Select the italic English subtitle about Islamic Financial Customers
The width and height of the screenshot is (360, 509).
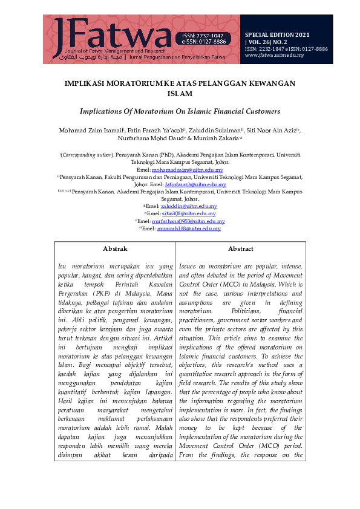[180, 111]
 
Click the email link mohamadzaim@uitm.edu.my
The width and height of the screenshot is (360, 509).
[188, 170]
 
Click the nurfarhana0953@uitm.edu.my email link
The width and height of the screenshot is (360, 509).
[188, 221]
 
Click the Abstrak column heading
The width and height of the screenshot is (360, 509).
[115, 248]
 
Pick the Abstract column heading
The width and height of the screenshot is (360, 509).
[240, 248]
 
